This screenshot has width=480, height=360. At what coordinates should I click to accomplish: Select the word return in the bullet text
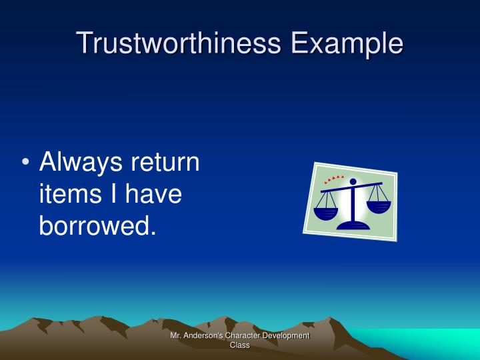pyautogui.click(x=167, y=163)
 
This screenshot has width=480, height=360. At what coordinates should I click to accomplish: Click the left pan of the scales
pyautogui.click(x=326, y=213)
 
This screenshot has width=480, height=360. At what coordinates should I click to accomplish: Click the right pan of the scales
pyautogui.click(x=378, y=206)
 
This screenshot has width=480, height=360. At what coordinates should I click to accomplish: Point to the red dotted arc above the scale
pyautogui.click(x=334, y=179)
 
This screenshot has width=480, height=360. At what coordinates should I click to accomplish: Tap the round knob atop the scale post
pyautogui.click(x=353, y=181)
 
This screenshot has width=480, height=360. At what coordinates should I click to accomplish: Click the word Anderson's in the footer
pyautogui.click(x=203, y=336)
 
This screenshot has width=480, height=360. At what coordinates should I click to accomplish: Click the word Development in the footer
pyautogui.click(x=286, y=336)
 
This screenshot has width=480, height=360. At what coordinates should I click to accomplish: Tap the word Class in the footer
pyautogui.click(x=239, y=345)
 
